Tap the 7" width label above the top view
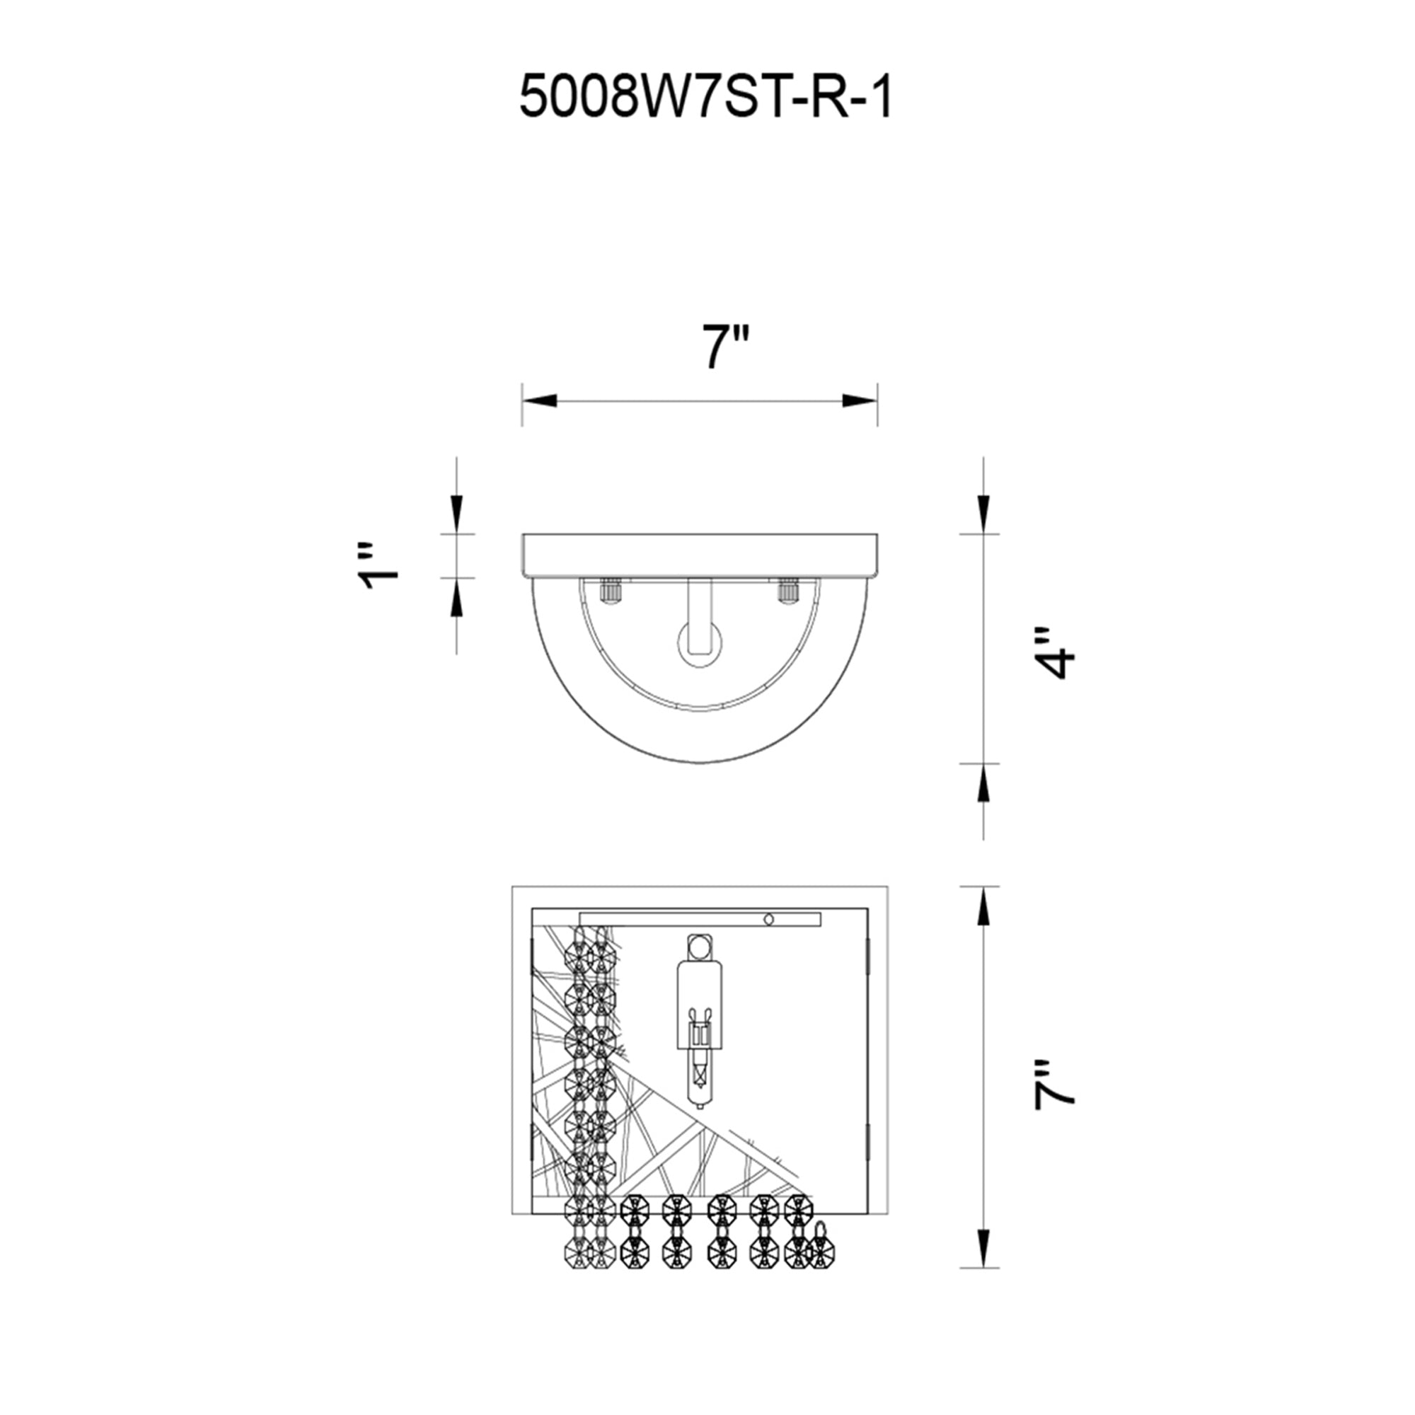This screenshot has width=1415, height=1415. click(x=726, y=348)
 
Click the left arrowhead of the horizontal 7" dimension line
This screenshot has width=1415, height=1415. click(x=539, y=400)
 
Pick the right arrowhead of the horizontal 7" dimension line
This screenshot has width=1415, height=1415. click(x=860, y=400)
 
